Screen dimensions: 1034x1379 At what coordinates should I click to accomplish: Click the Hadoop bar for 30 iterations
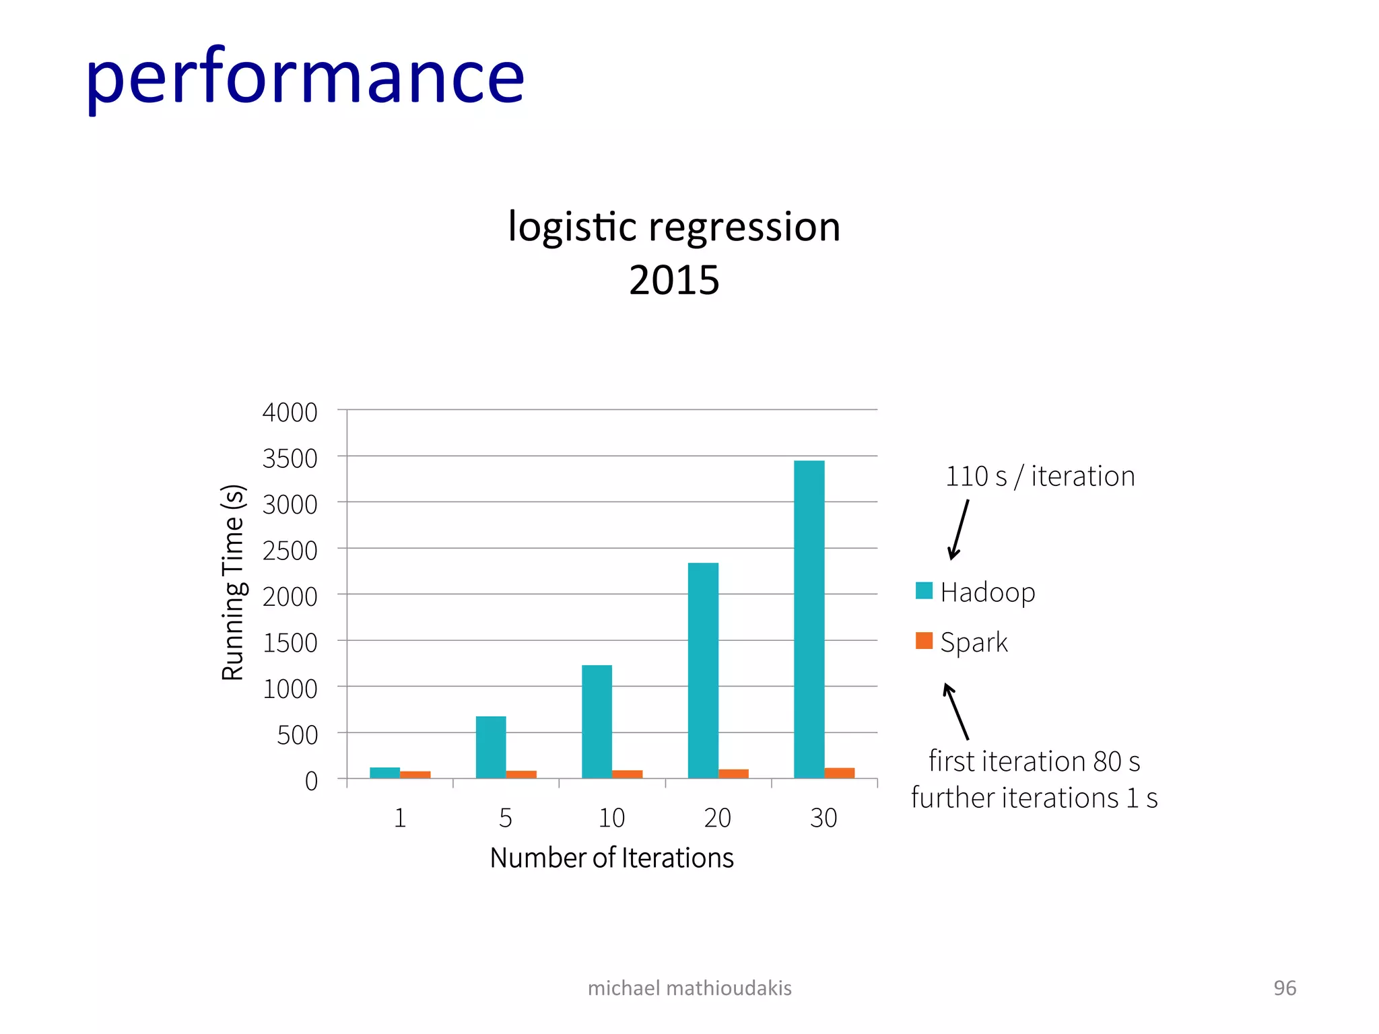coord(809,619)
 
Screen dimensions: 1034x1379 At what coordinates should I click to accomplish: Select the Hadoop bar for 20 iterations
coord(703,670)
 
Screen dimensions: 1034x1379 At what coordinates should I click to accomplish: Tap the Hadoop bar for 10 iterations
coord(597,722)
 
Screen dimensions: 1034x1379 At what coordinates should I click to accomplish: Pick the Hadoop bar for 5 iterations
coord(491,747)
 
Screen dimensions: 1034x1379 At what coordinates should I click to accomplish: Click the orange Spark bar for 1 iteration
coord(415,775)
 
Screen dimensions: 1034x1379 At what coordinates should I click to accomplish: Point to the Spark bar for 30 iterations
coord(840,773)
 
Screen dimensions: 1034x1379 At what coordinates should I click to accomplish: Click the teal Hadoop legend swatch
coord(924,591)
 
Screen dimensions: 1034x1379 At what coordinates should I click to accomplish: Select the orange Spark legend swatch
coord(924,641)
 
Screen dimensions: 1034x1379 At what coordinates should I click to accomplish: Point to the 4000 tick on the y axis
coord(290,413)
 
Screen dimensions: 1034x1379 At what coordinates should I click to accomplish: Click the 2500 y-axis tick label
coord(290,551)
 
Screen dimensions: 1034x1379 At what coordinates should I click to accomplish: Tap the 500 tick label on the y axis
coord(297,736)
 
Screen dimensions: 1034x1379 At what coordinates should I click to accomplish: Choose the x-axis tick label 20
coord(717,819)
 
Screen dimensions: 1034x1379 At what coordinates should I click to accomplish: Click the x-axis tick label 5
coord(506,819)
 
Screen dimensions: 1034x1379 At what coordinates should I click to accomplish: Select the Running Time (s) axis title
coord(233,582)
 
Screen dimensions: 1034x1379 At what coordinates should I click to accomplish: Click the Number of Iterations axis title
coord(611,858)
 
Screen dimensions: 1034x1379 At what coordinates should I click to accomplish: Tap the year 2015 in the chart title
coord(674,280)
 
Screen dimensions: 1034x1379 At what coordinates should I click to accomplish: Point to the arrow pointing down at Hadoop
coord(958,530)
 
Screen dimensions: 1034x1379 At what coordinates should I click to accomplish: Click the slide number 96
coord(1284,988)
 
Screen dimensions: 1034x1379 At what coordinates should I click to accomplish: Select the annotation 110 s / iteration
coord(1040,477)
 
